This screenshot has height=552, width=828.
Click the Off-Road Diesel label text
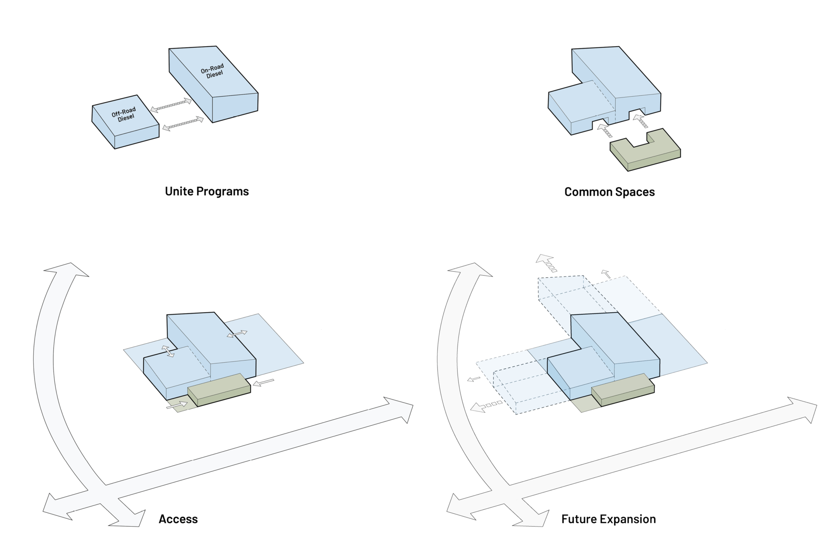124,114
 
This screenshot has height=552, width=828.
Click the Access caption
178,519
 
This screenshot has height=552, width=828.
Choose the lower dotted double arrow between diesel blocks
183,124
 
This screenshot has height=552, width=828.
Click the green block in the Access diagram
219,389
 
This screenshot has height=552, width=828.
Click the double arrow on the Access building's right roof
237,334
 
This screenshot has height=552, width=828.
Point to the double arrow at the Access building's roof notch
168,351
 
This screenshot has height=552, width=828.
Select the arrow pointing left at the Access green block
263,383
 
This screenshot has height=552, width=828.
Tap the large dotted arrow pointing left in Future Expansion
486,406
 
